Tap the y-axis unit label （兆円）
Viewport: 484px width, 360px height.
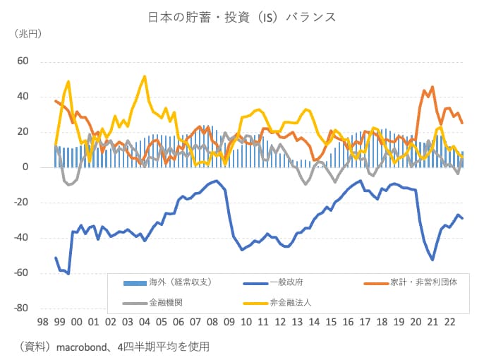pyautogui.click(x=27, y=34)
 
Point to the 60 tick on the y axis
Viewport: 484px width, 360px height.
pyautogui.click(x=22, y=61)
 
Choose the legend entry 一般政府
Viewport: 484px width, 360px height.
pyautogui.click(x=285, y=282)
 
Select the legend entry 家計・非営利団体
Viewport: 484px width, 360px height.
pyautogui.click(x=423, y=282)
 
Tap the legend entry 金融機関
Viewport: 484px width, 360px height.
pyautogui.click(x=163, y=301)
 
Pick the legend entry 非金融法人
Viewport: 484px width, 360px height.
pyautogui.click(x=290, y=301)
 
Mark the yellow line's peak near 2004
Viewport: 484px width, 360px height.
pyautogui.click(x=145, y=76)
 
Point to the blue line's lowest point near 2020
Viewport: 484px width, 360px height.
pyautogui.click(x=432, y=260)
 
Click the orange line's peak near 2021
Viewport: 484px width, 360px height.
pyautogui.click(x=432, y=87)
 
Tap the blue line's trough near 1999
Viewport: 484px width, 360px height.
pyautogui.click(x=68, y=273)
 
